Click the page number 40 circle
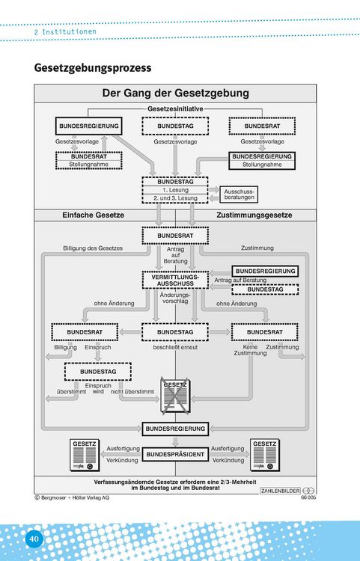[34, 539]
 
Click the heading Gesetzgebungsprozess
[93, 67]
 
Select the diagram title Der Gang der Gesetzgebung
[175, 93]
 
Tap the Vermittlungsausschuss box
[175, 280]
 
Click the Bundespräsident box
[175, 454]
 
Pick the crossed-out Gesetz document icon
[175, 396]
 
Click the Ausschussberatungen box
[239, 194]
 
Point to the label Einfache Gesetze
[94, 215]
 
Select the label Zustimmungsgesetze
[254, 215]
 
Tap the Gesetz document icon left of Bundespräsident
[85, 455]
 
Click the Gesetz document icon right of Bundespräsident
[265, 455]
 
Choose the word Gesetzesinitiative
[175, 108]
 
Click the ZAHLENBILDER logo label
[280, 491]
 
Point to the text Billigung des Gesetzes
[93, 248]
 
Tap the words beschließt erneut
[175, 347]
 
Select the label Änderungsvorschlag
[175, 298]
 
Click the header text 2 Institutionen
[65, 31]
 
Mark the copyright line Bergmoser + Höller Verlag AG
[72, 497]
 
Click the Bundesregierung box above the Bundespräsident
[175, 429]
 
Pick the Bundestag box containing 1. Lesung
[175, 190]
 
